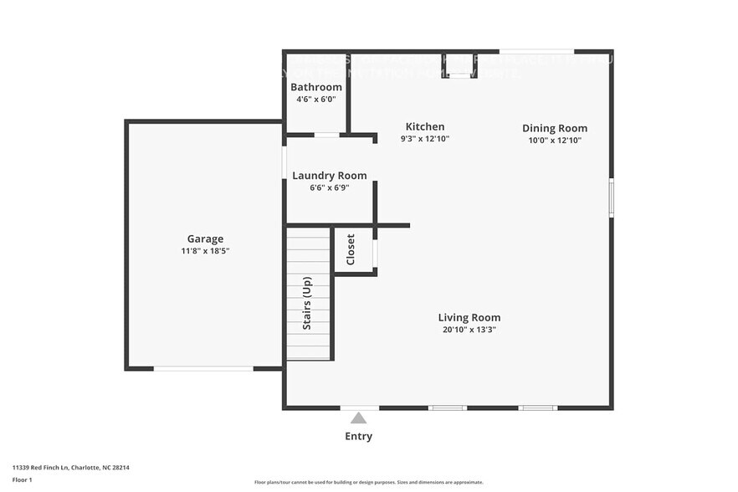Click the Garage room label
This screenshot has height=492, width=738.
point(205,238)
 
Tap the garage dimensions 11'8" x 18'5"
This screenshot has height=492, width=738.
point(205,251)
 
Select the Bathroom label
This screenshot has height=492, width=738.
point(316,87)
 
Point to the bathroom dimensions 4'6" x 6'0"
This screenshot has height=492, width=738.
point(316,99)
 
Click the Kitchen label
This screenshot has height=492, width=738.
point(425,126)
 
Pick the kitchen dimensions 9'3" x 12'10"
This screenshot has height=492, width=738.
point(425,139)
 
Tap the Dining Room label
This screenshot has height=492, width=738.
point(555,128)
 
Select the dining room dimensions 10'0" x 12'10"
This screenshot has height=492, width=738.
point(555,141)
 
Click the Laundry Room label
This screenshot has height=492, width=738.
point(329,176)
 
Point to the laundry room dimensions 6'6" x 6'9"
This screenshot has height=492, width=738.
point(329,188)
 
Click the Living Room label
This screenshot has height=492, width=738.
point(469,317)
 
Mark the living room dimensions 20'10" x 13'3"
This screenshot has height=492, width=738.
point(469,330)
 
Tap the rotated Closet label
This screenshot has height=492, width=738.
point(351,249)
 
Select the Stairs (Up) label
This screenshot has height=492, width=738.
point(307,303)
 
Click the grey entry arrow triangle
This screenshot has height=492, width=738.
point(359,418)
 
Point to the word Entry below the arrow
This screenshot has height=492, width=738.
point(359,437)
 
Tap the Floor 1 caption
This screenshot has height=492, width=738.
point(22,480)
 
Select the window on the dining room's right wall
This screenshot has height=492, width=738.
point(612,198)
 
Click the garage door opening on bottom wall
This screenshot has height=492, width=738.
point(203,368)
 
